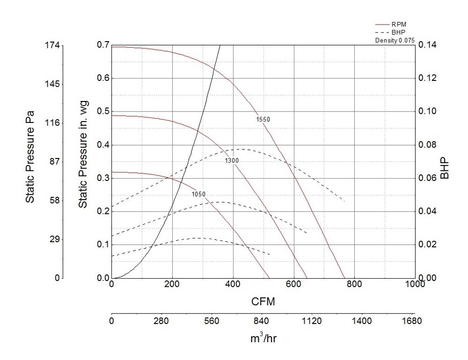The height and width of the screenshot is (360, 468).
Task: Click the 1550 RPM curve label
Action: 263,120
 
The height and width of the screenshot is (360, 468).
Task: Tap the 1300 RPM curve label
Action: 232,161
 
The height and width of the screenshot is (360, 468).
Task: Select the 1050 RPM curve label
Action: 198,194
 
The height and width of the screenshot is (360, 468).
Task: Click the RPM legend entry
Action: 398,24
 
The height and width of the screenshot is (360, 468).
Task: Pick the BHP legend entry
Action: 398,32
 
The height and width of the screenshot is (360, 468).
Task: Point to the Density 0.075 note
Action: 395,40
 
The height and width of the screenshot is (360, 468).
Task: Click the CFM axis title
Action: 263,302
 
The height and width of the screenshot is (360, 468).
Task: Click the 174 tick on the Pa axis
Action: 52,45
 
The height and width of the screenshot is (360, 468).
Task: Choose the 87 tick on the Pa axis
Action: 54,162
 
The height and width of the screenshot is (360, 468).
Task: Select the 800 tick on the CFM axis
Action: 354,284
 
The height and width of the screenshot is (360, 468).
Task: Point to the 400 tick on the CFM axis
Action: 233,284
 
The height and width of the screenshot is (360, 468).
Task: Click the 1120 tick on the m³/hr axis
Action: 312,321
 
